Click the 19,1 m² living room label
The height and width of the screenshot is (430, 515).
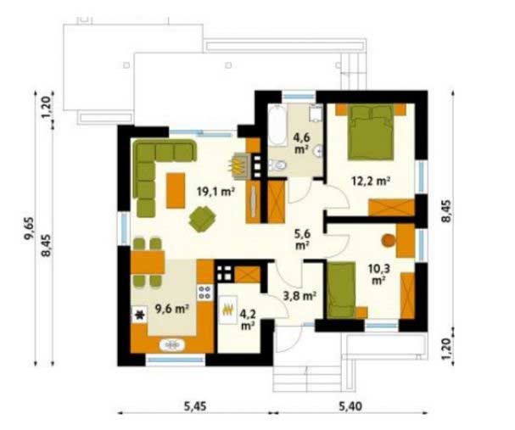(216, 192)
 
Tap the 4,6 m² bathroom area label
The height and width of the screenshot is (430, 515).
(301, 143)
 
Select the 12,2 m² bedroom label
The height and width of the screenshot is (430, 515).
(371, 181)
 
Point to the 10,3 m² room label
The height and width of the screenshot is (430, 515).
(378, 275)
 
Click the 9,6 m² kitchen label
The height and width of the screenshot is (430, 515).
(171, 309)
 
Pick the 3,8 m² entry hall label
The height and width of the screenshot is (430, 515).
(299, 296)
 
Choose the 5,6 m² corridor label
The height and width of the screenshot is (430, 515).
(302, 240)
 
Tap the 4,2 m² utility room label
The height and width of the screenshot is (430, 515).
(248, 320)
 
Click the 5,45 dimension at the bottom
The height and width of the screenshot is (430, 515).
(195, 406)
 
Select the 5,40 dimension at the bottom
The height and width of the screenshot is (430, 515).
(350, 406)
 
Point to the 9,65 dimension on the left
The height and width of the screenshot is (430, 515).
(29, 229)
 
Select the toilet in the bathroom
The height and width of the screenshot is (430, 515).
(277, 165)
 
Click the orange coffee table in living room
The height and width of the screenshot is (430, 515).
(176, 191)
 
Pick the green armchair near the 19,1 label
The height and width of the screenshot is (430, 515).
(202, 219)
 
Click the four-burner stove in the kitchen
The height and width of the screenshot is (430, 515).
(205, 293)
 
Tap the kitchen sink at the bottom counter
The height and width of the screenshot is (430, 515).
(172, 344)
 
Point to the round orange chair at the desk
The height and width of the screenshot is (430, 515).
(389, 240)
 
